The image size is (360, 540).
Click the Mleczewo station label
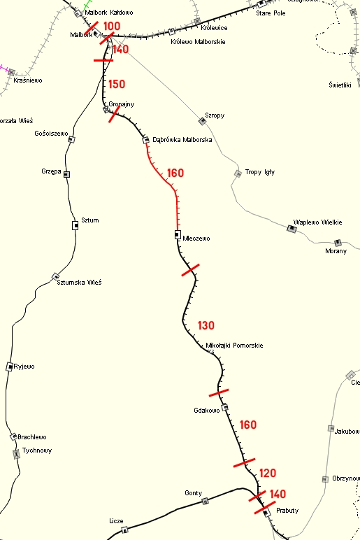(196, 239)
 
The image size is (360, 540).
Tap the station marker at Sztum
(75, 225)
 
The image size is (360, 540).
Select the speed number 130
(206, 325)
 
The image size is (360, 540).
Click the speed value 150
(117, 84)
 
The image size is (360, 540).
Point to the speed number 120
(268, 473)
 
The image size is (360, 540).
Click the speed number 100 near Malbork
(111, 27)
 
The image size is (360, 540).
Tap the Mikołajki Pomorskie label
(235, 346)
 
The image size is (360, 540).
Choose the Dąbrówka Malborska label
(182, 140)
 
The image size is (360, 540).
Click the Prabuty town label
(287, 511)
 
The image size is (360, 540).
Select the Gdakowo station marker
(224, 407)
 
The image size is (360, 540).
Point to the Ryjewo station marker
(9, 367)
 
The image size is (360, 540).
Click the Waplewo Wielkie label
(318, 222)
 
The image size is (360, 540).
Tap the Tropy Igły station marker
(238, 173)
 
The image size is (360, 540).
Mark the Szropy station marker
(202, 121)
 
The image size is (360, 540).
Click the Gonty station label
(194, 493)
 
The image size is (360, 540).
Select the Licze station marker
(125, 530)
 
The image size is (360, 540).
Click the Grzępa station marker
(67, 173)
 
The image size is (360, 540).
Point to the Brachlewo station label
(32, 437)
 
